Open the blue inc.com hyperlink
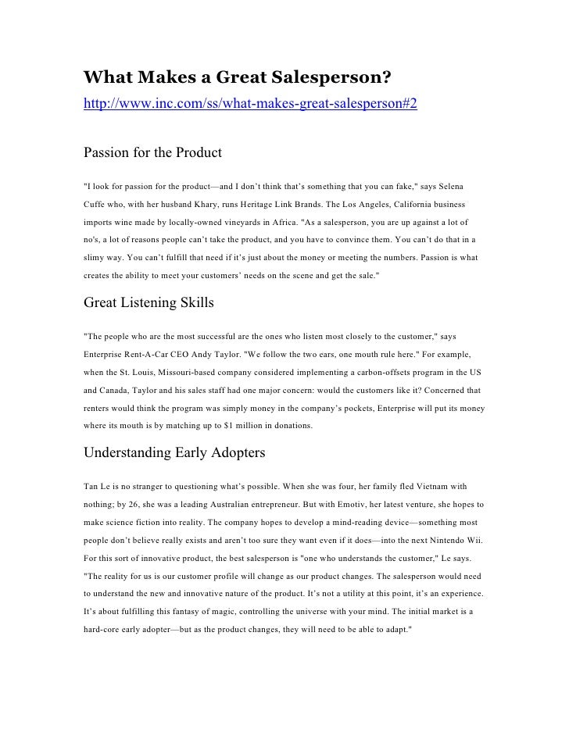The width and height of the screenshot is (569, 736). pyautogui.click(x=250, y=103)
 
